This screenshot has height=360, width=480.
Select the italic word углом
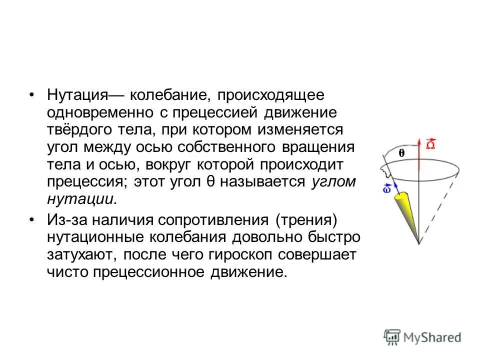tap(333, 182)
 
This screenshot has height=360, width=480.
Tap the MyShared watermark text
tap(434, 337)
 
